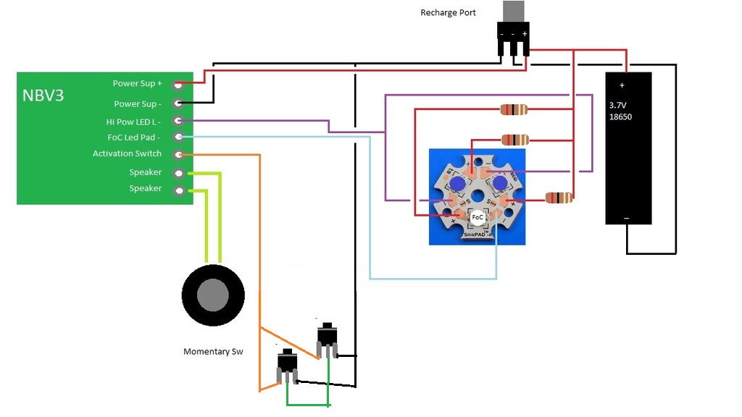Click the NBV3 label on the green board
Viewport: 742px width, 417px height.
[x=43, y=95]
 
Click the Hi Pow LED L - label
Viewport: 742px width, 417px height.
[x=133, y=122]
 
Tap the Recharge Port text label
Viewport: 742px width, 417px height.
[x=448, y=13]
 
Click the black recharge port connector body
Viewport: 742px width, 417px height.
[x=513, y=41]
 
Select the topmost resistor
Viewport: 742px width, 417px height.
[x=514, y=110]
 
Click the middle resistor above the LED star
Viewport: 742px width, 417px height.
[x=514, y=140]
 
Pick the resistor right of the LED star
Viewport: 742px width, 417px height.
[x=559, y=198]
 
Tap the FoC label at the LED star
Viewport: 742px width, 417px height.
[x=478, y=216]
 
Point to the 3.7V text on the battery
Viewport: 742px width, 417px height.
[x=619, y=104]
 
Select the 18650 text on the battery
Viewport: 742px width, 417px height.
[x=620, y=117]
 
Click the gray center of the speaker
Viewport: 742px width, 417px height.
[x=213, y=295]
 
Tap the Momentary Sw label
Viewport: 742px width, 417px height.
[x=213, y=352]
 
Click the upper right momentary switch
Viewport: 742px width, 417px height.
[x=327, y=338]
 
